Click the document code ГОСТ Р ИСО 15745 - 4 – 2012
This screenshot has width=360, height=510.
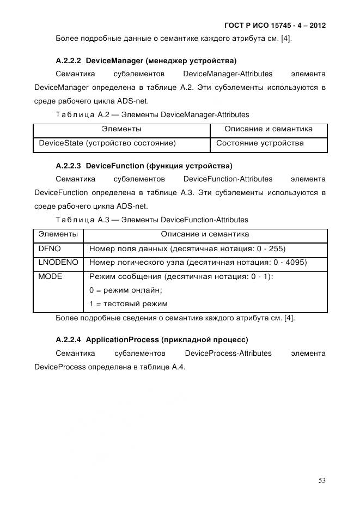tap(274, 25)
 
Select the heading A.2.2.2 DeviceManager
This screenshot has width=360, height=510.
tap(146, 60)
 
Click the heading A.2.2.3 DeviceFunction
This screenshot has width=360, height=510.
tap(144, 165)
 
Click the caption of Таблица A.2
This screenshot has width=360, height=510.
tap(152, 114)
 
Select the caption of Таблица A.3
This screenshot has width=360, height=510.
tap(151, 220)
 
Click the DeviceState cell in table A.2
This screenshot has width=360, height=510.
tap(107, 143)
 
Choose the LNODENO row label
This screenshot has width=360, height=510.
tap(58, 263)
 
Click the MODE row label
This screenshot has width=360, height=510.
tap(50, 277)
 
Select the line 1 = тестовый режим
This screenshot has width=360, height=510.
tap(128, 304)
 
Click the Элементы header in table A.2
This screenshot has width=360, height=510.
tap(121, 129)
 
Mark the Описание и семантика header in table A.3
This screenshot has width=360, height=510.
tap(205, 234)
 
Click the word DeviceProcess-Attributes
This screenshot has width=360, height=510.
tap(228, 353)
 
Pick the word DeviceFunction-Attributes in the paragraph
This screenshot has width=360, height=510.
tap(228, 179)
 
